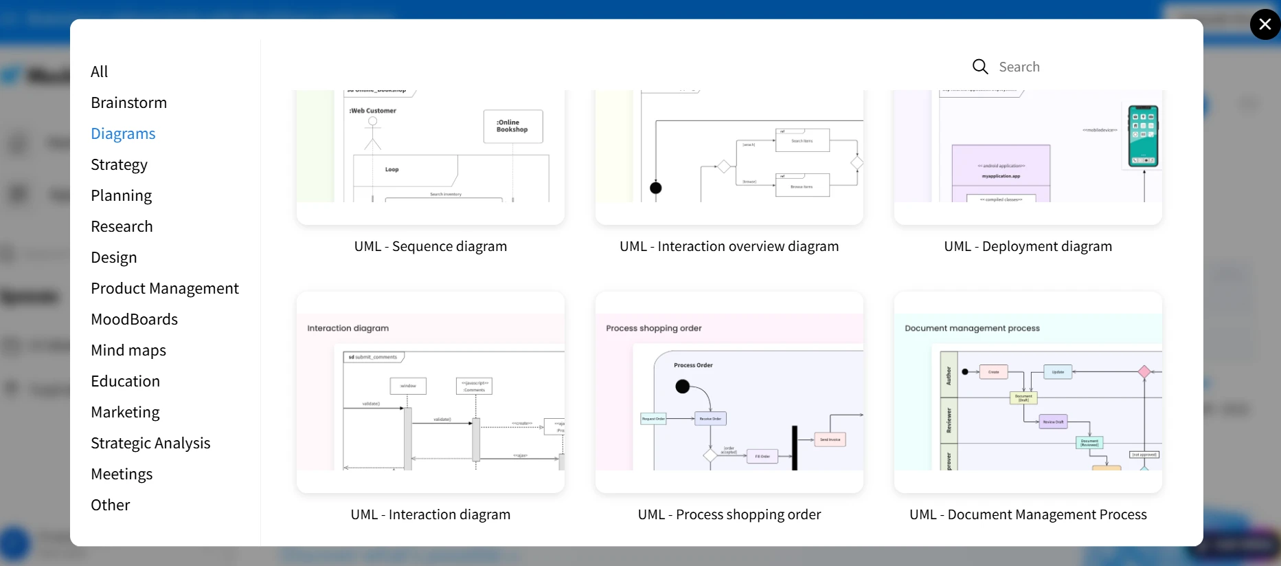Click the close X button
click(1265, 25)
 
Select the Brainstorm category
click(128, 102)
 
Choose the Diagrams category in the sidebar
click(123, 133)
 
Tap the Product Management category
click(165, 288)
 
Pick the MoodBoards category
click(134, 319)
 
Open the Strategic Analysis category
click(150, 443)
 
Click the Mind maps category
click(128, 350)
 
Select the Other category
click(110, 505)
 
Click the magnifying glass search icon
click(980, 67)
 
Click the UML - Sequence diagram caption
click(431, 246)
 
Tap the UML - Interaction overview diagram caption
click(729, 246)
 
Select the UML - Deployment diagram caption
click(1028, 246)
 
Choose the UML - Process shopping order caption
click(729, 514)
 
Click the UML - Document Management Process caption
click(1028, 514)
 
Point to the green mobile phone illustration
click(1143, 136)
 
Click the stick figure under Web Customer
click(372, 133)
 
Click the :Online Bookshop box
click(513, 127)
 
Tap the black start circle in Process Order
click(682, 387)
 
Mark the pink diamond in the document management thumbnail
click(1144, 372)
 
